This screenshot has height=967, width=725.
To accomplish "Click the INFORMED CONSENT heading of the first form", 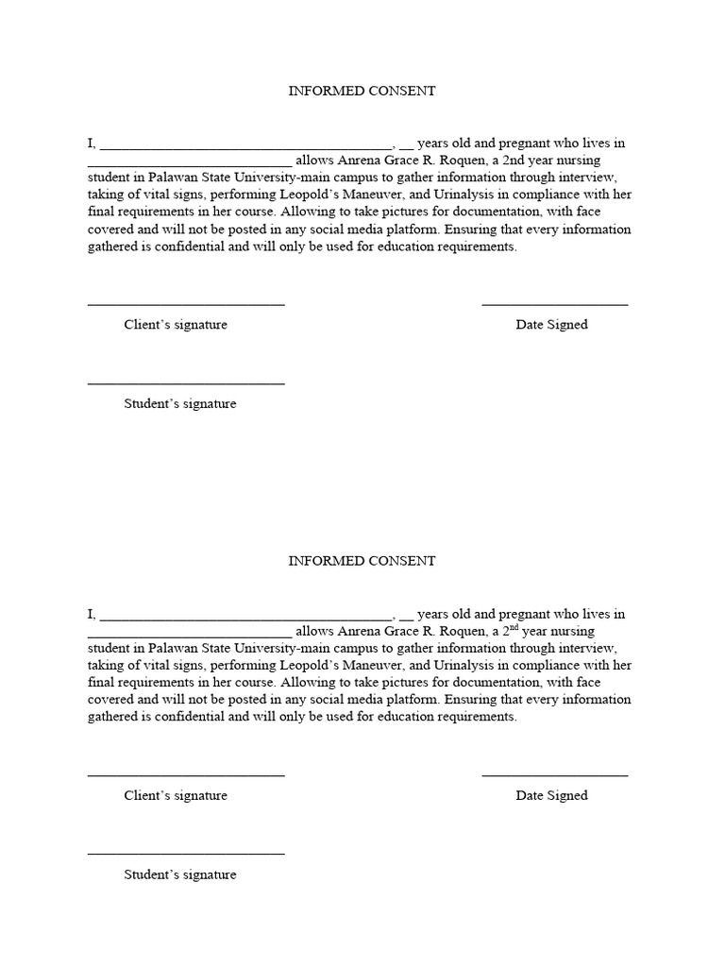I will point(362,91).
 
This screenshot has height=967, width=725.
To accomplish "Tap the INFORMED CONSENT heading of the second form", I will point(362,561).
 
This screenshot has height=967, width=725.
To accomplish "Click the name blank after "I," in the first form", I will point(244,147).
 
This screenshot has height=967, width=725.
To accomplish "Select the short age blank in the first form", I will point(406,147).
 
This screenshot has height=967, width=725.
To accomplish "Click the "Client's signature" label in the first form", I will point(176,325).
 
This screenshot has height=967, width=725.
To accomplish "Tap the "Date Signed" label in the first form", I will point(551,325).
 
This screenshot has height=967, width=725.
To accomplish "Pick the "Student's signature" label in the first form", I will point(180,404).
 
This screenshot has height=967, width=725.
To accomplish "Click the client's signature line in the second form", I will point(186,775).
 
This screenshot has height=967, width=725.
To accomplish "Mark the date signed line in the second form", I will point(555,775).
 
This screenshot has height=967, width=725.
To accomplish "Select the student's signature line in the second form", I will point(186,855).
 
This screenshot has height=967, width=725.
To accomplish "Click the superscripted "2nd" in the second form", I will point(510,630).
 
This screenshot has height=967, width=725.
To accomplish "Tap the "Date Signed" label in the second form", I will point(551,795).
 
